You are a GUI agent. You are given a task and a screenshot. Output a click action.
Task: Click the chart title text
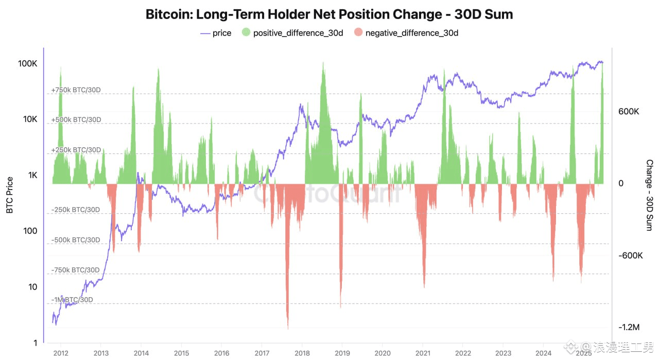[x=329, y=14]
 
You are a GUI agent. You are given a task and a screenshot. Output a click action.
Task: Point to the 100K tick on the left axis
[x=27, y=64]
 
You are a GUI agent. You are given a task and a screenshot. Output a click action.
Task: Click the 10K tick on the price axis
[x=29, y=119]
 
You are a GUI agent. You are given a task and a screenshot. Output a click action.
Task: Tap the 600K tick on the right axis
[x=629, y=112]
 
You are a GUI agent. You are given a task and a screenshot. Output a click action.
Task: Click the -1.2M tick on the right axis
[x=629, y=328]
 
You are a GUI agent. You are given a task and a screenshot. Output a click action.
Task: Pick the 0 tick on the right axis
[x=620, y=183]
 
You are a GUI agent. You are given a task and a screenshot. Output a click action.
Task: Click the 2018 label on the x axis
[x=302, y=353]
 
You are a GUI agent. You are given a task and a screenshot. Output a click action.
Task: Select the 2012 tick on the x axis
[x=61, y=353]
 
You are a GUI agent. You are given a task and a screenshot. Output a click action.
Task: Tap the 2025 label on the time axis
[x=583, y=353]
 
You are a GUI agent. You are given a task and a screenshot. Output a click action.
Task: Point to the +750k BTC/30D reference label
[x=76, y=90]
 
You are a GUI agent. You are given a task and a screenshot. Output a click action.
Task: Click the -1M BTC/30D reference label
[x=72, y=300]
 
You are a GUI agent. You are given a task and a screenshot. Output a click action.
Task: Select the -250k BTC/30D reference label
[x=76, y=210]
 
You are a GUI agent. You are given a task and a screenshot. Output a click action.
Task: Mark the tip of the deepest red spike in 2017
[x=288, y=328]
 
